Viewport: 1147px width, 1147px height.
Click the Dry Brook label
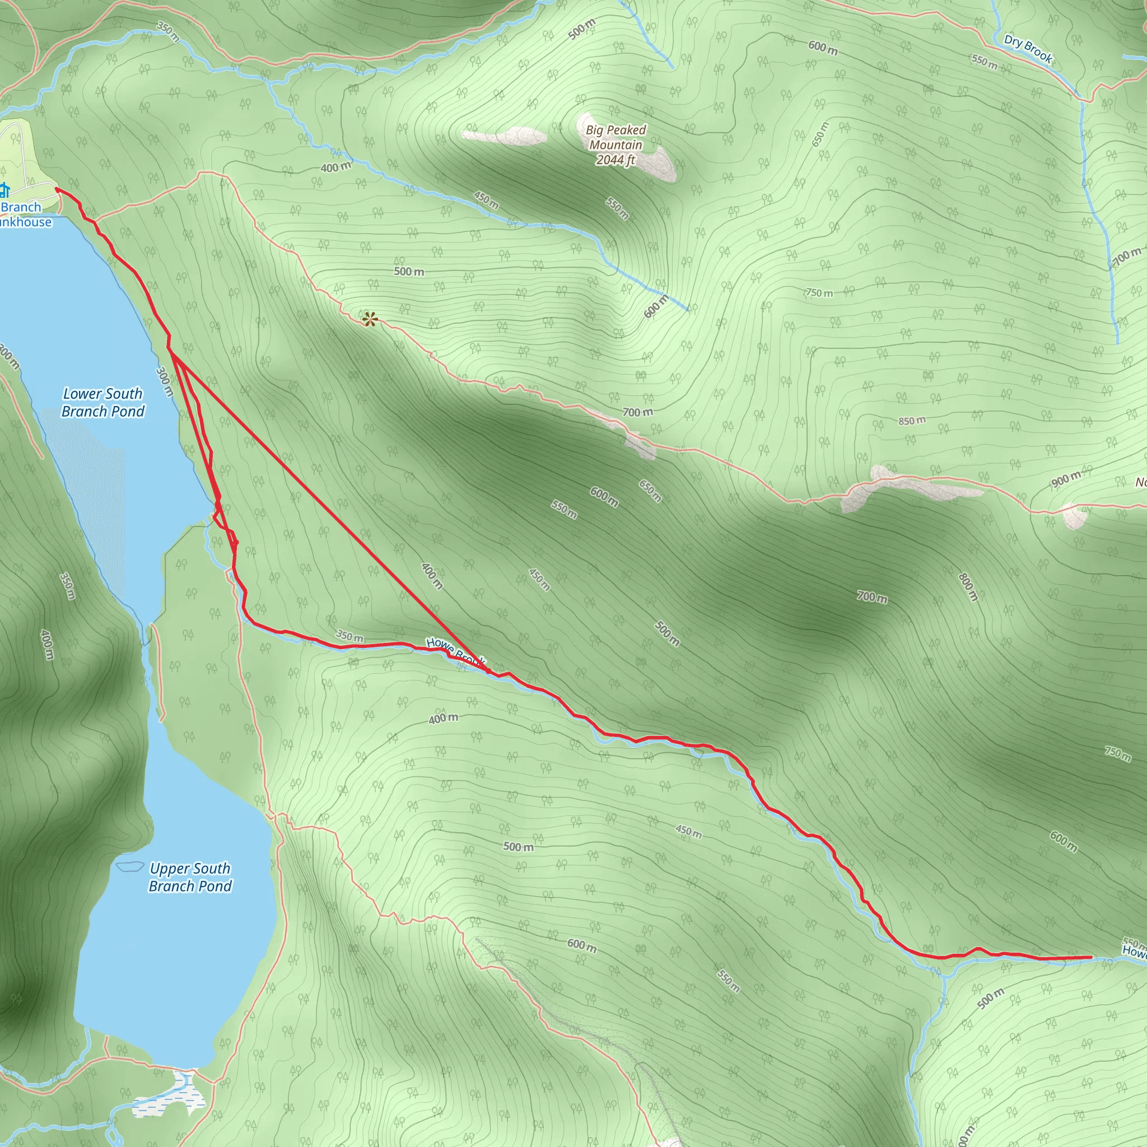point(1028,49)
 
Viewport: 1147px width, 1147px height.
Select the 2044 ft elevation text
point(616,160)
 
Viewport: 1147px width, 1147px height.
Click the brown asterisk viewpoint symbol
point(370,320)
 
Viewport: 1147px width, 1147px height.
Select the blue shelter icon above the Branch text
point(4,190)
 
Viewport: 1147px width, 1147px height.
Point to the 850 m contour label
point(912,421)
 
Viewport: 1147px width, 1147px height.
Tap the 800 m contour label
point(968,586)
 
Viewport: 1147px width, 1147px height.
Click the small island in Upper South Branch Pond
point(130,866)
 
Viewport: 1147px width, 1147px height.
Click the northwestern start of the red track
point(57,189)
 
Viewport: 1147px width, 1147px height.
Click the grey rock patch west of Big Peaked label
point(505,136)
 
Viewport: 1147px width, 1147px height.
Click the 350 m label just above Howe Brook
point(349,636)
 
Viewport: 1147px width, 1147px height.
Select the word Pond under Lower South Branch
point(128,412)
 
